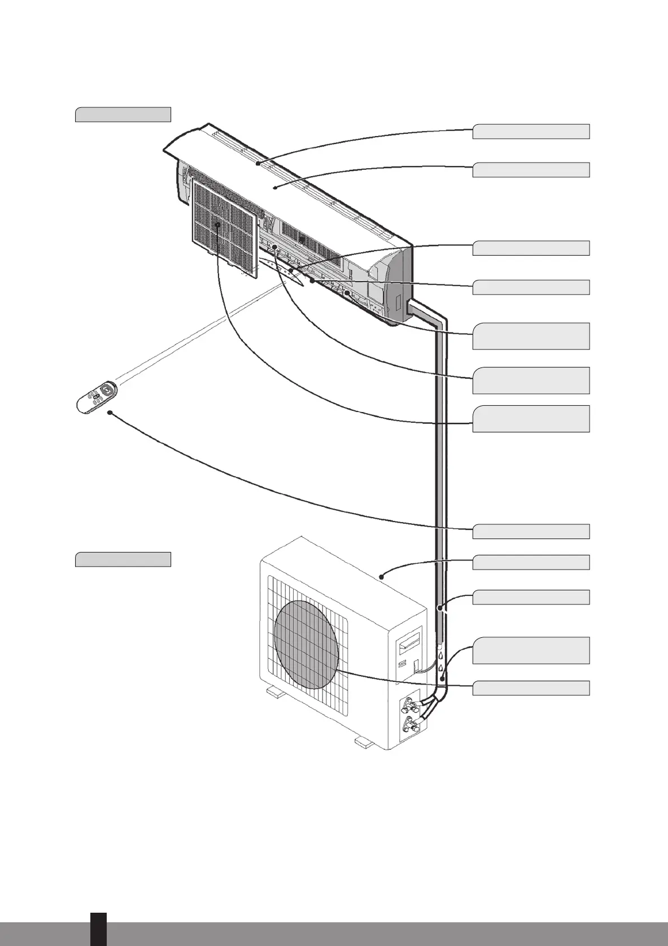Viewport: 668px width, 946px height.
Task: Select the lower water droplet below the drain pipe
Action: [x=440, y=668]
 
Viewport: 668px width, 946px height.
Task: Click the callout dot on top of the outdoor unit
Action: [x=382, y=576]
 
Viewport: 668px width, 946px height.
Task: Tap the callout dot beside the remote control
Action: [x=110, y=413]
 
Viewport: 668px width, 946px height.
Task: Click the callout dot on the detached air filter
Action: [x=217, y=225]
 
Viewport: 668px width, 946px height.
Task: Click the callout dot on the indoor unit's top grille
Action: [x=257, y=163]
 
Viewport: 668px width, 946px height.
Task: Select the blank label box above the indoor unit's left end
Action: [x=123, y=114]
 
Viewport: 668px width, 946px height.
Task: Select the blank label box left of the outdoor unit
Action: [x=123, y=559]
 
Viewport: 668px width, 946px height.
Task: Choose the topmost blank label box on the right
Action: [x=531, y=132]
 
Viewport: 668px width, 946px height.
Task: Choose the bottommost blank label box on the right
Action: [x=531, y=688]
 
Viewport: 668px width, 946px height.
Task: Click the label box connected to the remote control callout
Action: [x=531, y=531]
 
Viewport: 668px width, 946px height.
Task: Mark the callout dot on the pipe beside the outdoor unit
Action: [x=439, y=607]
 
